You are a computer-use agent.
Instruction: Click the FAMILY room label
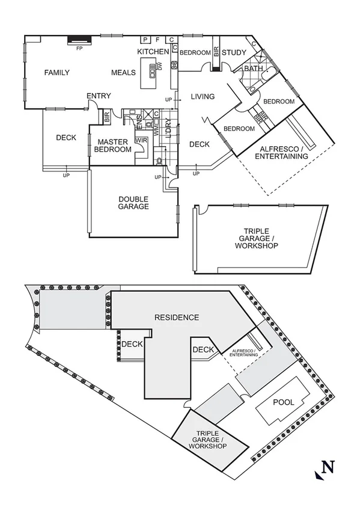point(57,73)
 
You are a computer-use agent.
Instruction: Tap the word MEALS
point(124,73)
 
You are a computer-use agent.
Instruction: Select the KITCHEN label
point(153,52)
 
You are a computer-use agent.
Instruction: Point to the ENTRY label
point(99,96)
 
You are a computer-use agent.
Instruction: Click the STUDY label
point(234,53)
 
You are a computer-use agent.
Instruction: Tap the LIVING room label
point(203,97)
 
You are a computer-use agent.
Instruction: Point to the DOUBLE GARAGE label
point(133,203)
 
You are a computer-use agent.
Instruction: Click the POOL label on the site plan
point(284,402)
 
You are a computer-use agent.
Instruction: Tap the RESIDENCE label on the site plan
point(176,317)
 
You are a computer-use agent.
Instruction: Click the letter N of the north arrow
point(328,467)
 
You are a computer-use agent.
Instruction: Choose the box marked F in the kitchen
point(157,40)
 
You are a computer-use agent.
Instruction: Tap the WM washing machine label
point(155,127)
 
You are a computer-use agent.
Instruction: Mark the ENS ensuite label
point(138,124)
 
